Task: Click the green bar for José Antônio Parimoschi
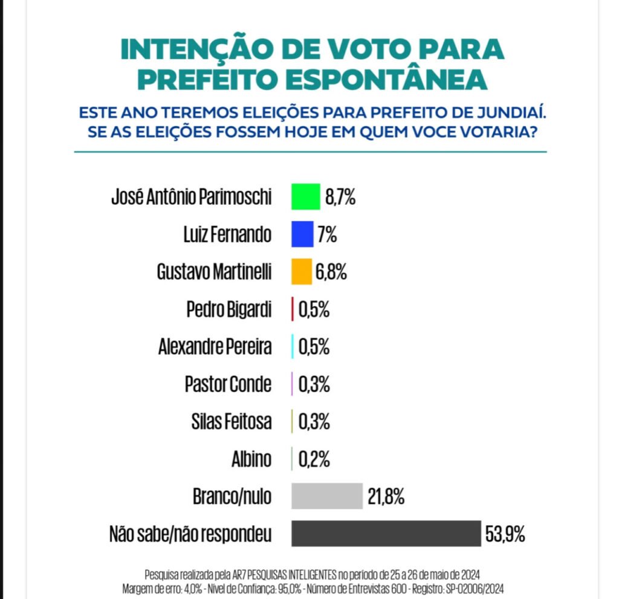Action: tap(305, 197)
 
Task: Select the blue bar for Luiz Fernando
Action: tap(302, 235)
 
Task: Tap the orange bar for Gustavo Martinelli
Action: tap(301, 272)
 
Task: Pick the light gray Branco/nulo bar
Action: tap(326, 496)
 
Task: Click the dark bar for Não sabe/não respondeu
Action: tap(386, 534)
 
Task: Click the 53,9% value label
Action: tap(505, 534)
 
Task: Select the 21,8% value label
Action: tap(386, 497)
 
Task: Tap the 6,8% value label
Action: tap(331, 273)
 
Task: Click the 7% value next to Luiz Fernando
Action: tap(327, 235)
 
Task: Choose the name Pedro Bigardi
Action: tap(229, 310)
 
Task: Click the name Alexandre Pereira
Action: tap(215, 348)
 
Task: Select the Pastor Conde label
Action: tap(228, 384)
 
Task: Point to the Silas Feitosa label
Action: tap(232, 422)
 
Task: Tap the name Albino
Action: tap(251, 459)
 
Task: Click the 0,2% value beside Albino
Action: tap(314, 459)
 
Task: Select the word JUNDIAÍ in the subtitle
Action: tap(507, 113)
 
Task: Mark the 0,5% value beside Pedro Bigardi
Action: tap(314, 310)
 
